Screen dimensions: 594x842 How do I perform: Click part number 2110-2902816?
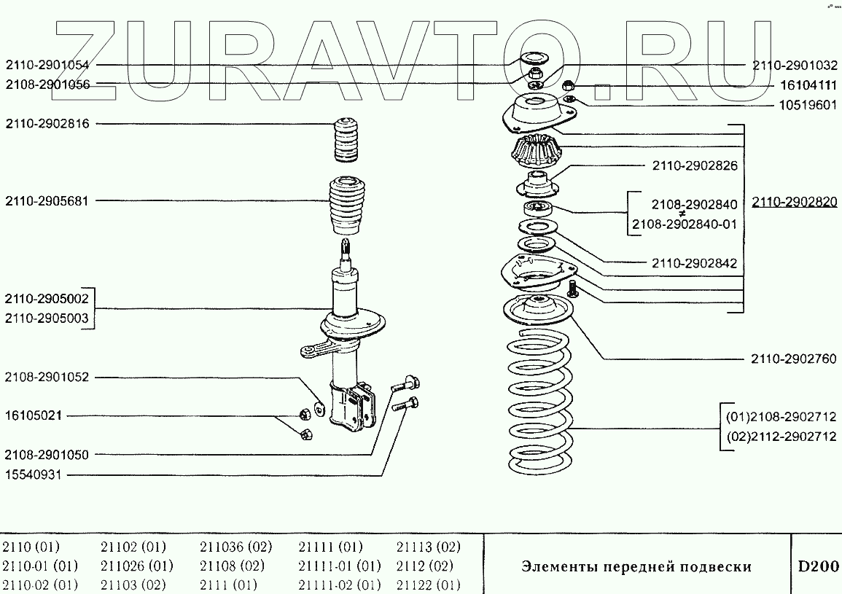47,124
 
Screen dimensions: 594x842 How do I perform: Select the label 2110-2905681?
47,201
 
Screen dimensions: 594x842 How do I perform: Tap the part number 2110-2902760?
793,359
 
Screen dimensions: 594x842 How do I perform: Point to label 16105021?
34,416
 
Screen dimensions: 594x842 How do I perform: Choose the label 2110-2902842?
695,263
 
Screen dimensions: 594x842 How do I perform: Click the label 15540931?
34,474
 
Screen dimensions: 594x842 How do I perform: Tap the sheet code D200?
816,566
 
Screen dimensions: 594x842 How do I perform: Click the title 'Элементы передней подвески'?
636,566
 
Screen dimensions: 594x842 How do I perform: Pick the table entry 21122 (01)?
429,585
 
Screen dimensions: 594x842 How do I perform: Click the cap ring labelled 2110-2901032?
535,60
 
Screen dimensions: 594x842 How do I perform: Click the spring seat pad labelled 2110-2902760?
539,310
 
